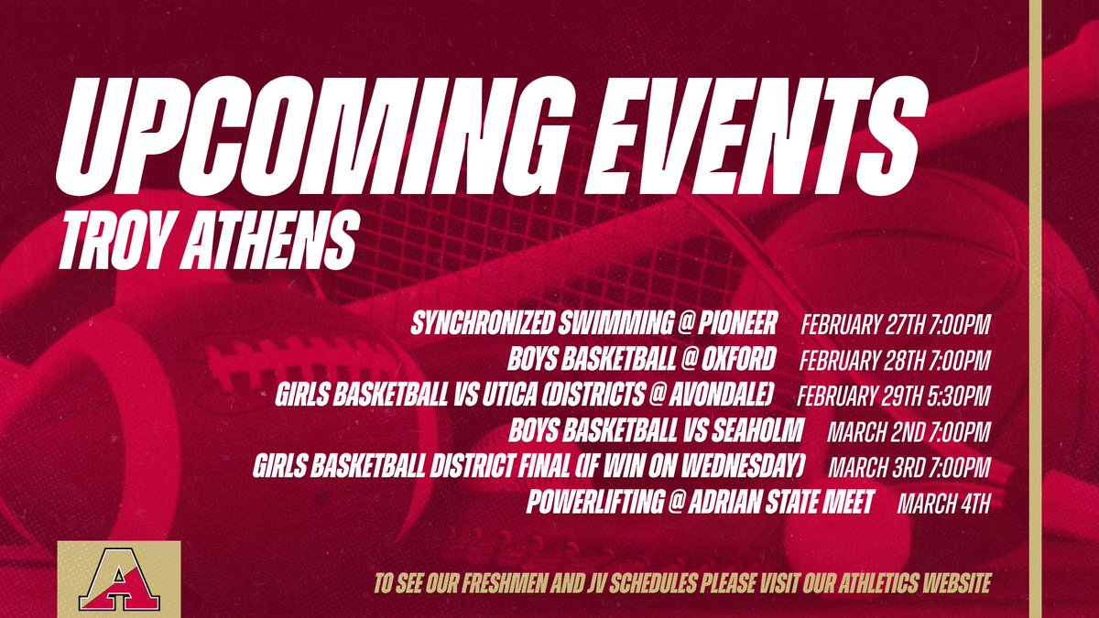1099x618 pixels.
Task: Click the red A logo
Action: tap(118, 579)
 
